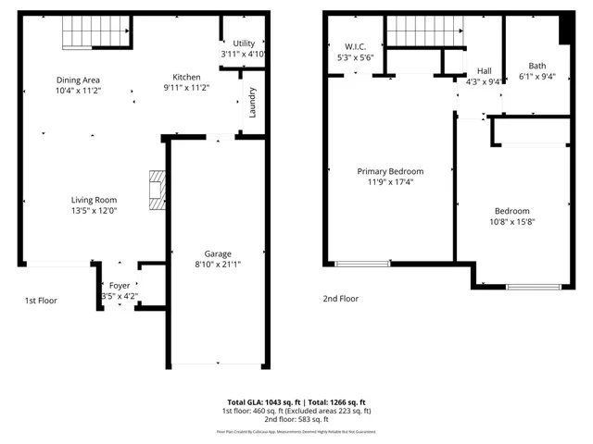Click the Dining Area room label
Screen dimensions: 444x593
click(78, 80)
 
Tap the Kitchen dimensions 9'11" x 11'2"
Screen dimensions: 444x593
click(186, 89)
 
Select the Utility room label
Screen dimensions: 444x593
click(244, 43)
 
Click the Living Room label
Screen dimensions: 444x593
click(94, 199)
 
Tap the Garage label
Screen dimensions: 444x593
click(218, 253)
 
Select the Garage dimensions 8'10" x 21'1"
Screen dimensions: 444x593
click(218, 265)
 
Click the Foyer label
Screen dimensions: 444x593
click(120, 286)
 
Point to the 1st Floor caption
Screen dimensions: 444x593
click(41, 300)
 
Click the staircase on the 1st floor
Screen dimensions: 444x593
click(95, 33)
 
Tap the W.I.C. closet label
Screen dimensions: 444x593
click(356, 46)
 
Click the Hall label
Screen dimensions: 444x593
click(484, 70)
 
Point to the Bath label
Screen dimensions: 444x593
click(536, 66)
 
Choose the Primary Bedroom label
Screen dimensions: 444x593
click(390, 171)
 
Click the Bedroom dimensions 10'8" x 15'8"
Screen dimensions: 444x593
click(511, 221)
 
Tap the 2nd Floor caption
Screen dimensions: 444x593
click(340, 299)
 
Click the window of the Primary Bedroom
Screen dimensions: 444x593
click(362, 264)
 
